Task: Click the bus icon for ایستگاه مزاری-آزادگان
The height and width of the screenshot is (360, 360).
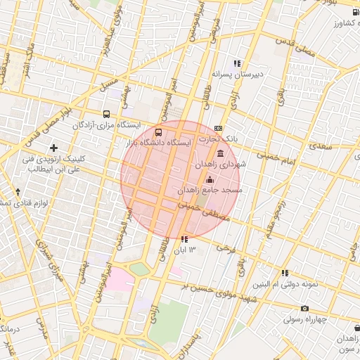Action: tap(106, 113)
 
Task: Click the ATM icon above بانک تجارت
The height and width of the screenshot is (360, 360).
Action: tap(219, 129)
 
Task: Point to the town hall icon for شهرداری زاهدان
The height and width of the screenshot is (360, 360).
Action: tap(221, 153)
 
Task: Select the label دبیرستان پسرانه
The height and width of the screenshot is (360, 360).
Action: tap(237, 73)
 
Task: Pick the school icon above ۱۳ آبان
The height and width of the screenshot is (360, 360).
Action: tap(184, 240)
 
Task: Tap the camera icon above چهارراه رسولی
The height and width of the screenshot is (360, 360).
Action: tap(304, 308)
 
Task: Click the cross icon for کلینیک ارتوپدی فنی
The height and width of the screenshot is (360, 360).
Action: tap(53, 148)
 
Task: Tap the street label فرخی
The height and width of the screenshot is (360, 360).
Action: tap(225, 247)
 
